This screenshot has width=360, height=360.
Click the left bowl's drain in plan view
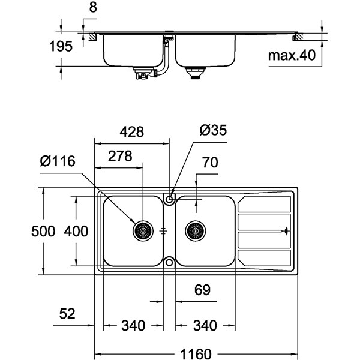click(x=143, y=230)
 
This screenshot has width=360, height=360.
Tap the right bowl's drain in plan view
click(x=195, y=230)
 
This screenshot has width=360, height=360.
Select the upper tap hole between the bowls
click(x=170, y=197)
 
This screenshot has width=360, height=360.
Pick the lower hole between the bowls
click(x=170, y=262)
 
